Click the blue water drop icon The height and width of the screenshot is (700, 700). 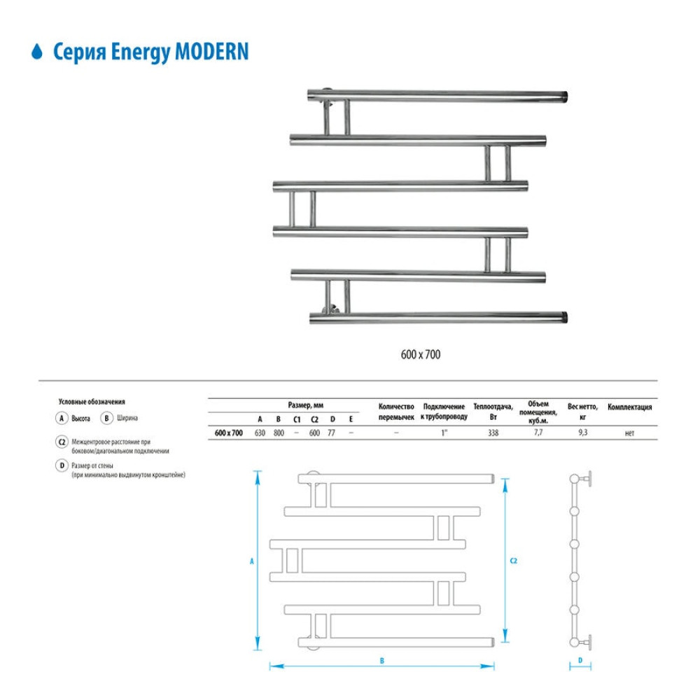tap(37, 51)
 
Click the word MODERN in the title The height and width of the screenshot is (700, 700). tap(211, 51)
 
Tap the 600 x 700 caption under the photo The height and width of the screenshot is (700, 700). tap(421, 354)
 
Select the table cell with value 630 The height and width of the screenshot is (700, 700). tap(260, 433)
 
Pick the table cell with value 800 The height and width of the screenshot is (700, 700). tap(279, 433)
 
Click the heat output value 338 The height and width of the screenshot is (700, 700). tap(493, 433)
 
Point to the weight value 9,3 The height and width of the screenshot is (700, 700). tap(582, 432)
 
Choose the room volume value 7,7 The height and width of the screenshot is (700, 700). tap(538, 432)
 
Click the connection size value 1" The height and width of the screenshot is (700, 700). tap(444, 433)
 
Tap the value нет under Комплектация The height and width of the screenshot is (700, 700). tap(629, 433)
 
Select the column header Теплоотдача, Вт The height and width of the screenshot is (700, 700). tap(493, 412)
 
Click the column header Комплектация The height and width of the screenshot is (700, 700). tap(629, 407)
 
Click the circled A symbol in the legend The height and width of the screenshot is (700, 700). tap(62, 419)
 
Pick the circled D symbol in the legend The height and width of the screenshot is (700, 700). tap(62, 465)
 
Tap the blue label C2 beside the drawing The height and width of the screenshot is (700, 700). tap(513, 561)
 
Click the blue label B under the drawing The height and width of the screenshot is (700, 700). tap(381, 661)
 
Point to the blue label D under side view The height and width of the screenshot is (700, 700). tap(580, 660)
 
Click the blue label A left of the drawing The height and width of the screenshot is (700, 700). tap(252, 561)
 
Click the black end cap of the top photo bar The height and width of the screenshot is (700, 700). tap(564, 97)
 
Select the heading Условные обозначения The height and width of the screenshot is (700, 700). tap(92, 402)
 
